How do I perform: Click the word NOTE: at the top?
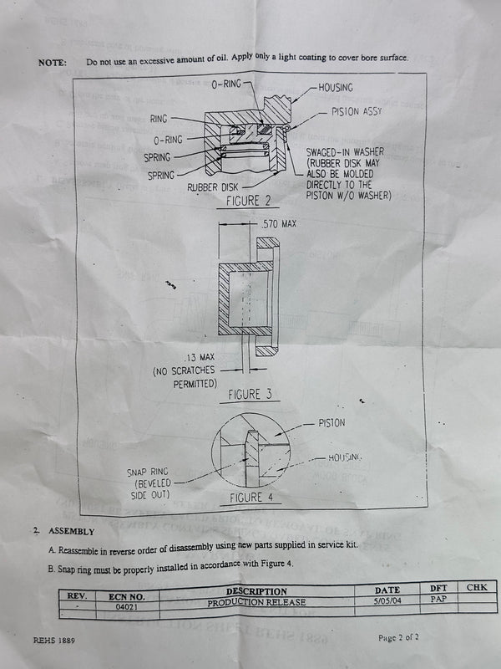(x=53, y=63)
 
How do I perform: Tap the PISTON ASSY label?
(x=357, y=112)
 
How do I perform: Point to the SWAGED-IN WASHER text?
(x=345, y=151)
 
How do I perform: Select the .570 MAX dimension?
(x=278, y=224)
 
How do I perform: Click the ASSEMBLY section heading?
(x=72, y=531)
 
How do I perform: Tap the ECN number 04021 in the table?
(x=128, y=610)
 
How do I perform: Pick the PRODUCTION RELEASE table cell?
(x=256, y=601)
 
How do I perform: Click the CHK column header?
(x=477, y=588)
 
